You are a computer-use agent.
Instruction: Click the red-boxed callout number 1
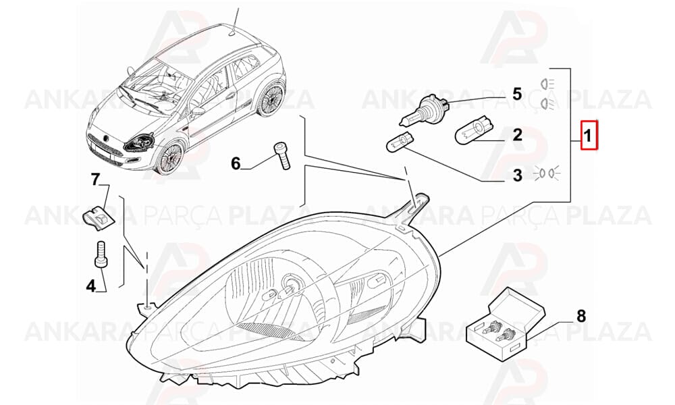point(589,135)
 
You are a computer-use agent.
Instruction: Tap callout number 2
point(517,135)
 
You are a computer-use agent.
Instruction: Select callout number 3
point(517,175)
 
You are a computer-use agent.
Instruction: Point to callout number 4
point(90,286)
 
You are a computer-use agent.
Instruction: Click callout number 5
point(516,94)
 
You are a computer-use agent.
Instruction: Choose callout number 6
point(236,163)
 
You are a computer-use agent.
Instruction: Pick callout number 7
point(95,179)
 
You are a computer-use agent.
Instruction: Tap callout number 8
point(581,317)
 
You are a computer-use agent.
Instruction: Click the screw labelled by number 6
point(281,156)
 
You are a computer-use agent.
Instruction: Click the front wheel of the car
point(168,159)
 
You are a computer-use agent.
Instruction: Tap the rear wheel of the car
point(271,100)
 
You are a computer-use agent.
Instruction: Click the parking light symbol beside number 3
point(547,173)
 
